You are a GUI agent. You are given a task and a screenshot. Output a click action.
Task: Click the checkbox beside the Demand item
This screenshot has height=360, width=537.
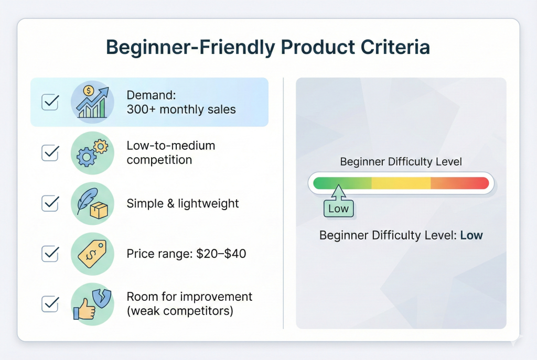pyautogui.click(x=50, y=102)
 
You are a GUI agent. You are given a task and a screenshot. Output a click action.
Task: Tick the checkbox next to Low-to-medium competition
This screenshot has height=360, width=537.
pyautogui.click(x=50, y=152)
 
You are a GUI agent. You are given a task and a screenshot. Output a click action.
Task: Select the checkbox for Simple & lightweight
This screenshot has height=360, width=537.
pyautogui.click(x=50, y=203)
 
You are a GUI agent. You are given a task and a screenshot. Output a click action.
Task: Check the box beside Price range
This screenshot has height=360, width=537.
pyautogui.click(x=50, y=254)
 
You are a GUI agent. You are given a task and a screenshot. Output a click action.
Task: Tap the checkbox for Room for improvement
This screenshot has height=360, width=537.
pyautogui.click(x=50, y=304)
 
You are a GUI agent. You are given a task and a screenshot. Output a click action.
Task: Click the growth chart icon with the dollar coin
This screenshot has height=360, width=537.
pyautogui.click(x=92, y=102)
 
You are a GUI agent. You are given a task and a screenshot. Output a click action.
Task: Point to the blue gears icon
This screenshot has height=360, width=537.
pyautogui.click(x=92, y=152)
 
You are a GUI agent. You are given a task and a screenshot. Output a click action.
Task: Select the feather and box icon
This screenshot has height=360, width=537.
pyautogui.click(x=92, y=203)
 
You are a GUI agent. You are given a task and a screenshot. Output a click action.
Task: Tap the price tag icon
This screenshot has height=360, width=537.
pyautogui.click(x=92, y=254)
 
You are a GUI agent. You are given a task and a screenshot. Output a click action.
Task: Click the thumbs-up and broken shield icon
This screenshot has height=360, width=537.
pyautogui.click(x=92, y=304)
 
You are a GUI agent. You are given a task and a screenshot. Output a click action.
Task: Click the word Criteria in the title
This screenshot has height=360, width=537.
pyautogui.click(x=395, y=47)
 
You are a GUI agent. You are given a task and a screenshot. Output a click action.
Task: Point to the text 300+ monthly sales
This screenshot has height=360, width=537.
pyautogui.click(x=181, y=110)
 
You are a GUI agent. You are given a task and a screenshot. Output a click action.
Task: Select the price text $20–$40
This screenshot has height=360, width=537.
pyautogui.click(x=221, y=254)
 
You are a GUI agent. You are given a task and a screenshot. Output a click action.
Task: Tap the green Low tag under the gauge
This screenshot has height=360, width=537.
pyautogui.click(x=338, y=209)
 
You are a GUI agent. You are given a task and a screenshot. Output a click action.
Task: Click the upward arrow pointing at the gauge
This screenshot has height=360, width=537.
pyautogui.click(x=338, y=192)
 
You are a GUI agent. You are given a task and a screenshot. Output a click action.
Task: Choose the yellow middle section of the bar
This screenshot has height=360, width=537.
pyautogui.click(x=401, y=183)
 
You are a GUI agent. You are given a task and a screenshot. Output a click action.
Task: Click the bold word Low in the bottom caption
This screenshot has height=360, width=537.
pyautogui.click(x=471, y=235)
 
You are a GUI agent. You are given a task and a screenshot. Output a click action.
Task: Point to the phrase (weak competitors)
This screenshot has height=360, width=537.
pyautogui.click(x=180, y=311)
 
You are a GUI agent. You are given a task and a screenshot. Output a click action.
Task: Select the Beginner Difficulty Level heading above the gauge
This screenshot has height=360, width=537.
pyautogui.click(x=401, y=161)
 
